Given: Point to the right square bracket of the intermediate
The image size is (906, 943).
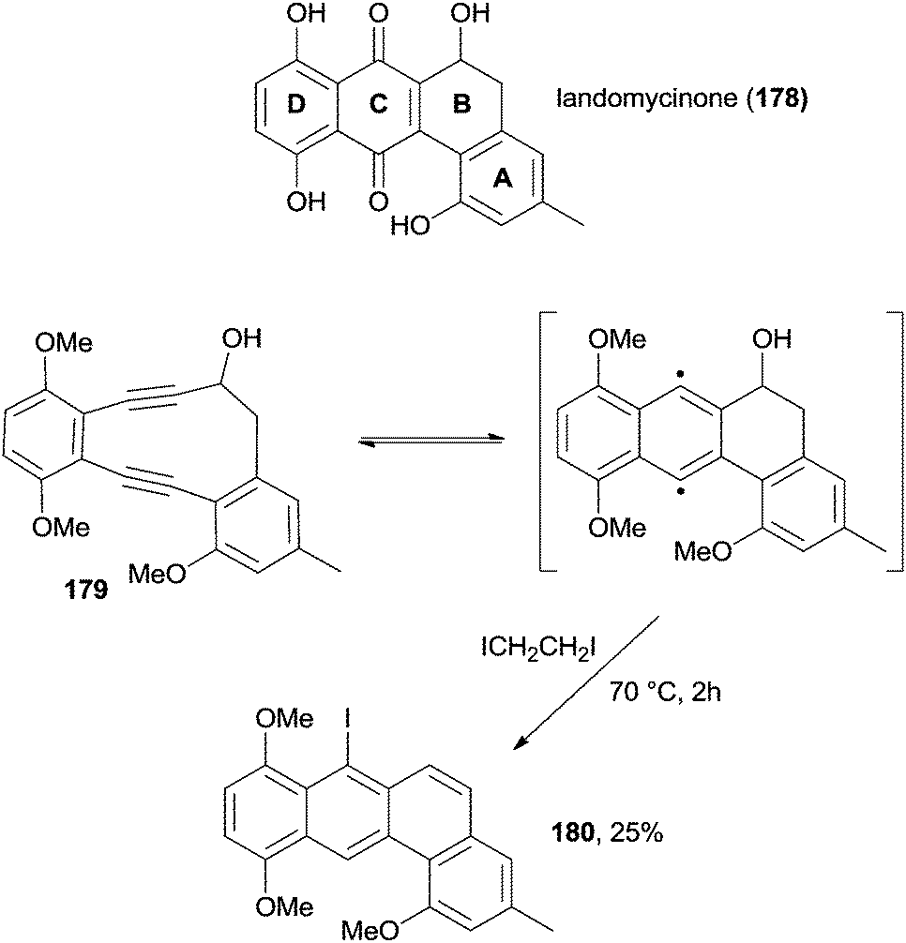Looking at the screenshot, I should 894,441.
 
